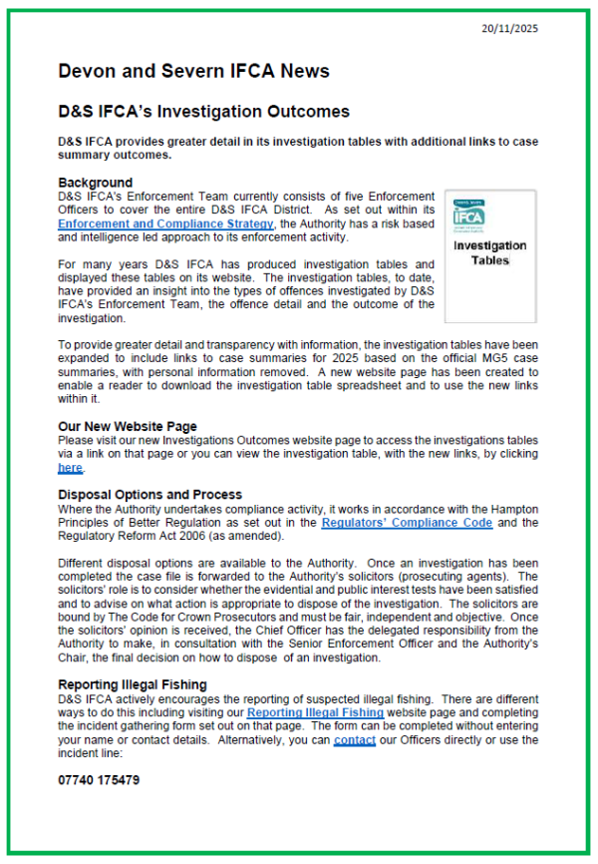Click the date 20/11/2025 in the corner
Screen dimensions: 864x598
pyautogui.click(x=511, y=29)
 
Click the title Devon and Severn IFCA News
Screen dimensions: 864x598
pyautogui.click(x=193, y=71)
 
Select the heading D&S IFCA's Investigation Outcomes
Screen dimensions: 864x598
pyautogui.click(x=203, y=111)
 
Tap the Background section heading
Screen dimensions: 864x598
pyautogui.click(x=95, y=183)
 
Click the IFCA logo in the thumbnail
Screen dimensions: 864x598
pyautogui.click(x=467, y=214)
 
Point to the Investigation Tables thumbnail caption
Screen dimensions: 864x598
pyautogui.click(x=489, y=252)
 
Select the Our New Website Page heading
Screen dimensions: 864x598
pyautogui.click(x=128, y=426)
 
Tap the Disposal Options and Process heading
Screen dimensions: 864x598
pyautogui.click(x=149, y=494)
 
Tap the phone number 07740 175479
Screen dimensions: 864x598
pyautogui.click(x=99, y=779)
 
